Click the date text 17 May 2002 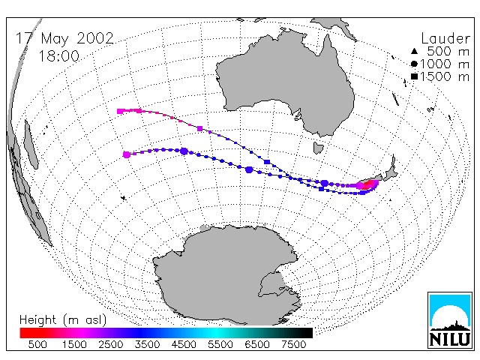pyautogui.click(x=64, y=38)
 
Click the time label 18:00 pyautogui.click(x=59, y=56)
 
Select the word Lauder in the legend pyautogui.click(x=445, y=38)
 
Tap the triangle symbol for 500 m pyautogui.click(x=414, y=51)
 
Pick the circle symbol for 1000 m pyautogui.click(x=414, y=64)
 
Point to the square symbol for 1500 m pyautogui.click(x=414, y=76)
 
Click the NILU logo pyautogui.click(x=450, y=320)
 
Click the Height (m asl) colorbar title pyautogui.click(x=63, y=320)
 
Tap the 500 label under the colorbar pyautogui.click(x=37, y=344)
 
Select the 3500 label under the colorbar pyautogui.click(x=147, y=344)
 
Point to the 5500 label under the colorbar pyautogui.click(x=220, y=344)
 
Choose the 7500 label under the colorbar pyautogui.click(x=293, y=344)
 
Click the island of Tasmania pyautogui.click(x=318, y=148)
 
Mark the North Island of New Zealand pyautogui.click(x=390, y=169)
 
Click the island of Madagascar pyautogui.click(x=31, y=145)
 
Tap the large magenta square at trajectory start pyautogui.click(x=120, y=111)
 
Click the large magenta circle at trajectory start pyautogui.click(x=127, y=154)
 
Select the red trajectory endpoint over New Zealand pyautogui.click(x=367, y=185)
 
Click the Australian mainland pyautogui.click(x=285, y=82)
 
